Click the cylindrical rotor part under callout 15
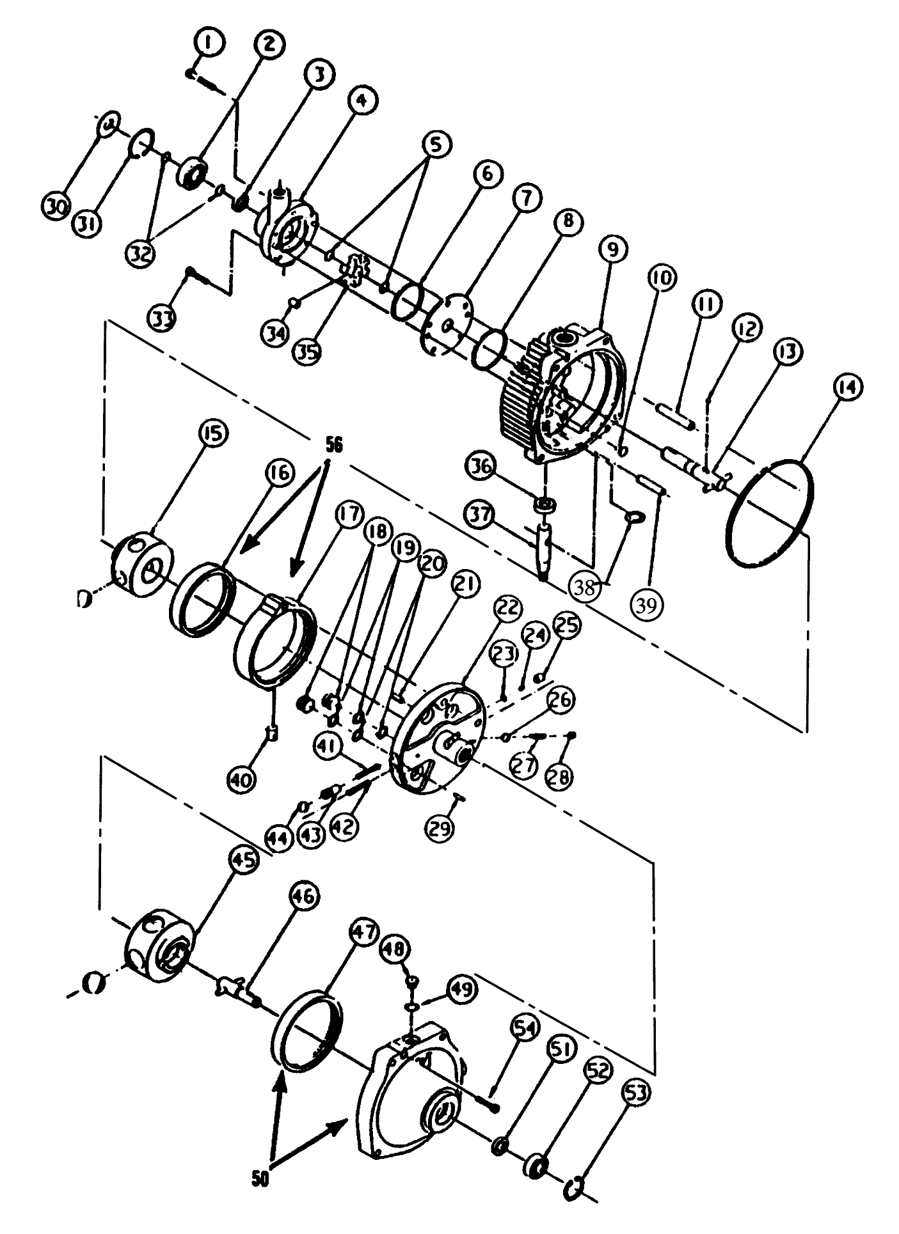[x=143, y=563]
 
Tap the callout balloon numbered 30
[x=57, y=207]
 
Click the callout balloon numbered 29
[x=442, y=828]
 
